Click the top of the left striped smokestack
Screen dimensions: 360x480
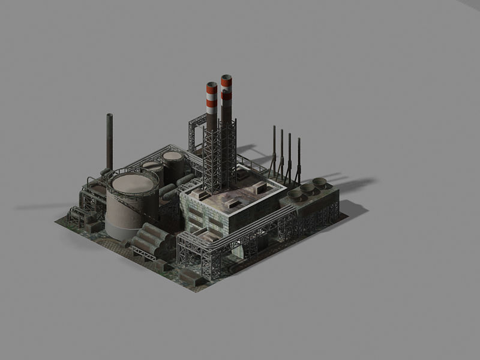212,85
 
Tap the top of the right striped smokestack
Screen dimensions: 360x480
226,77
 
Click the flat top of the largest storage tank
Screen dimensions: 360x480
133,183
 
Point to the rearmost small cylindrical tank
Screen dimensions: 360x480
173,157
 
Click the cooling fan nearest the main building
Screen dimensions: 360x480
295,194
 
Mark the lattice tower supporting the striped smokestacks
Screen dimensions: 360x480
219,156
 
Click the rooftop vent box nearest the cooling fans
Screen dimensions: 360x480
262,188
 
